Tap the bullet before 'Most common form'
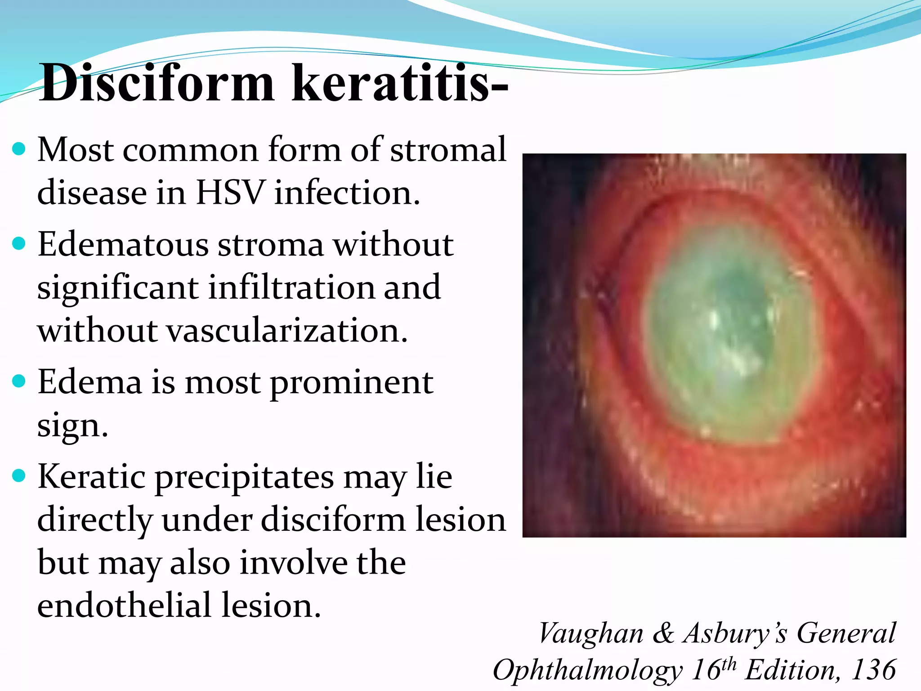pyautogui.click(x=19, y=149)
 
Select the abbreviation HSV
pyautogui.click(x=230, y=193)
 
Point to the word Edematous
pyautogui.click(x=123, y=245)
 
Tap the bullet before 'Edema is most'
pyautogui.click(x=19, y=381)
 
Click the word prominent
pyautogui.click(x=351, y=382)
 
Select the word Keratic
pyautogui.click(x=92, y=477)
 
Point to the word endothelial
pyautogui.click(x=124, y=606)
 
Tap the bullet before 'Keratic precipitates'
pyautogui.click(x=19, y=476)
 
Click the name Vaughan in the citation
pyautogui.click(x=591, y=633)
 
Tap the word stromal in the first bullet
pyautogui.click(x=448, y=149)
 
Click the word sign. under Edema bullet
pyautogui.click(x=72, y=426)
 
